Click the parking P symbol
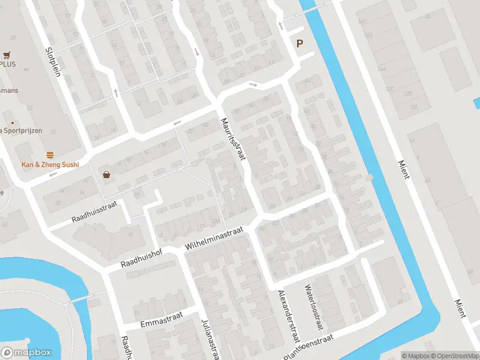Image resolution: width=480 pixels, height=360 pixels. [x=299, y=43]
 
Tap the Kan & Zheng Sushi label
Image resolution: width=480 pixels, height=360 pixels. [x=50, y=164]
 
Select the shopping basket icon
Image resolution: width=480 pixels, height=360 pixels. [x=107, y=175]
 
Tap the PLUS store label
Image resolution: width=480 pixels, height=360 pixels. [x=8, y=64]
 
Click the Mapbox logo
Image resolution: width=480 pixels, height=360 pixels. [x=26, y=353]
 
